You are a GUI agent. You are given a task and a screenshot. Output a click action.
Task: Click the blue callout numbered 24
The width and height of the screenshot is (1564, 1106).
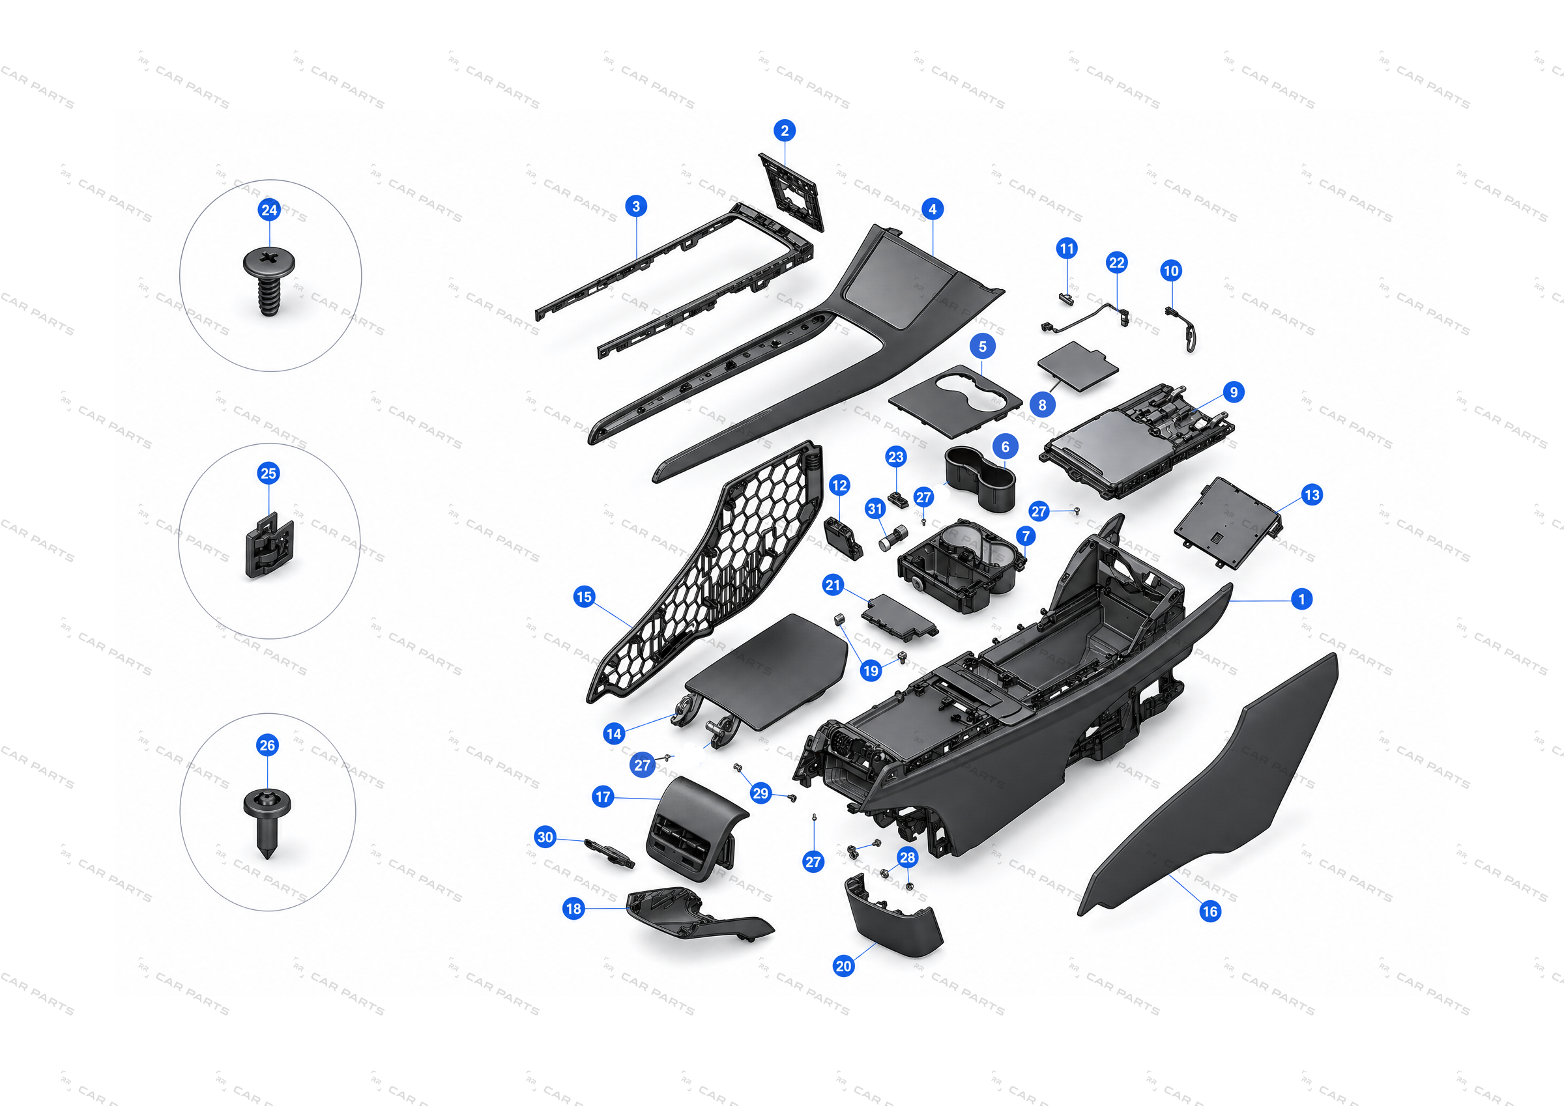[270, 210]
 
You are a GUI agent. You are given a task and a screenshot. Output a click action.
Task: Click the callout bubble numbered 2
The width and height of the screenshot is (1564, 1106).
[785, 131]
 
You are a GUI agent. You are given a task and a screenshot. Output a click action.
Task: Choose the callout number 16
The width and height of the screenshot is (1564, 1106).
[1209, 911]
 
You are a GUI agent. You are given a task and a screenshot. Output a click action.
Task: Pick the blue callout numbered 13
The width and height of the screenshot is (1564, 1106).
[1312, 495]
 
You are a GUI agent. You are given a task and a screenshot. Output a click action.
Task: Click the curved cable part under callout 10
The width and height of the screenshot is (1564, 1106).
[1182, 329]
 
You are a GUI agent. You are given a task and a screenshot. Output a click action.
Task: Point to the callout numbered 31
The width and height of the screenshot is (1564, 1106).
[875, 509]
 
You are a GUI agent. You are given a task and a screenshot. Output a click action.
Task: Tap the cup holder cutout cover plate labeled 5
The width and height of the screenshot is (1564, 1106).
[956, 401]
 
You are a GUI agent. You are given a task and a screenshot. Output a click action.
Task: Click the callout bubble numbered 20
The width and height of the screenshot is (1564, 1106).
[843, 966]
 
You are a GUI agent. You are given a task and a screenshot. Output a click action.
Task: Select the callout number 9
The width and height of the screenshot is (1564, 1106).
[1234, 392]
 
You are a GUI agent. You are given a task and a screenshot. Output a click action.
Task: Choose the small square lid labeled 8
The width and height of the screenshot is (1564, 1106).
[1078, 367]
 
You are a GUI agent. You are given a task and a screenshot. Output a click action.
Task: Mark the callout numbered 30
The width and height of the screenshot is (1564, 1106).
[545, 837]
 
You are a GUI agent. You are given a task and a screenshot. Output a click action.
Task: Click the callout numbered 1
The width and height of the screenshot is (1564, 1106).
[1302, 599]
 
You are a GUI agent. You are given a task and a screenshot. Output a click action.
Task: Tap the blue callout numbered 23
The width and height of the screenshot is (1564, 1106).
[896, 457]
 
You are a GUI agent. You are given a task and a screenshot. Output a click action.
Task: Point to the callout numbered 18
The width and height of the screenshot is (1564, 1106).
[573, 909]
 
